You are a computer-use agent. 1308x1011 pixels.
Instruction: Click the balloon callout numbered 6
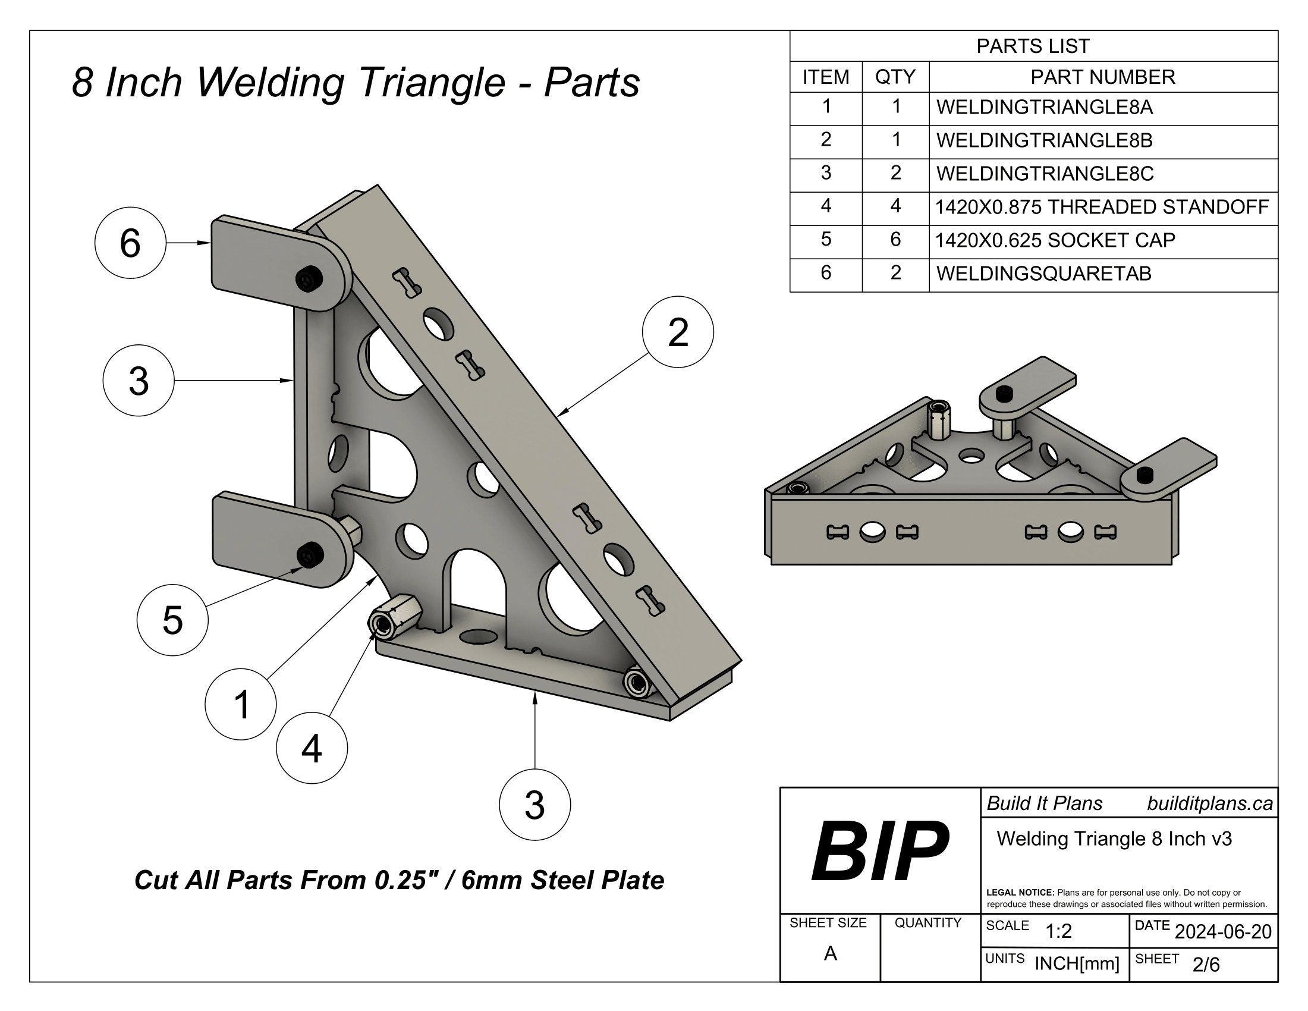(x=130, y=243)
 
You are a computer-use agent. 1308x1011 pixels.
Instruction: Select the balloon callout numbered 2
(x=677, y=332)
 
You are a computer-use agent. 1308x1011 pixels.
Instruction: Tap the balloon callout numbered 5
(x=172, y=620)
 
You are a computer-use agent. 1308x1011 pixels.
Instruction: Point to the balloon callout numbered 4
(x=312, y=748)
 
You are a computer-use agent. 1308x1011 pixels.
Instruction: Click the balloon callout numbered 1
(x=241, y=704)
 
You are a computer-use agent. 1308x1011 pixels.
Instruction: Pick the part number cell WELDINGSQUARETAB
(x=1043, y=274)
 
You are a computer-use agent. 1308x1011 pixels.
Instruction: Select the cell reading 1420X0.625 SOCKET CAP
(x=1054, y=240)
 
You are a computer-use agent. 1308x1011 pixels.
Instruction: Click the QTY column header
(x=895, y=77)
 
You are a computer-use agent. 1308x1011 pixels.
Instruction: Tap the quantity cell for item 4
(x=895, y=206)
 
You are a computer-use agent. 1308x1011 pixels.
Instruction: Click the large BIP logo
(x=879, y=851)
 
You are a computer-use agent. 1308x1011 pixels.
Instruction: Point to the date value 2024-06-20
(x=1223, y=931)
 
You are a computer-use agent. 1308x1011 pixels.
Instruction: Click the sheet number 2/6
(x=1206, y=964)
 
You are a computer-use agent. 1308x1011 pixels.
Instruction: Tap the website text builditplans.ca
(x=1209, y=803)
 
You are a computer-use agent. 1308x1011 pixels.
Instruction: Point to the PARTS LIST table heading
(x=1033, y=46)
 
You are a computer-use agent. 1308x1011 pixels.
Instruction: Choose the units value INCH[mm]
(x=1076, y=963)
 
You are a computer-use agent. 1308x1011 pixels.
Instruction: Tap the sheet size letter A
(x=829, y=953)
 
